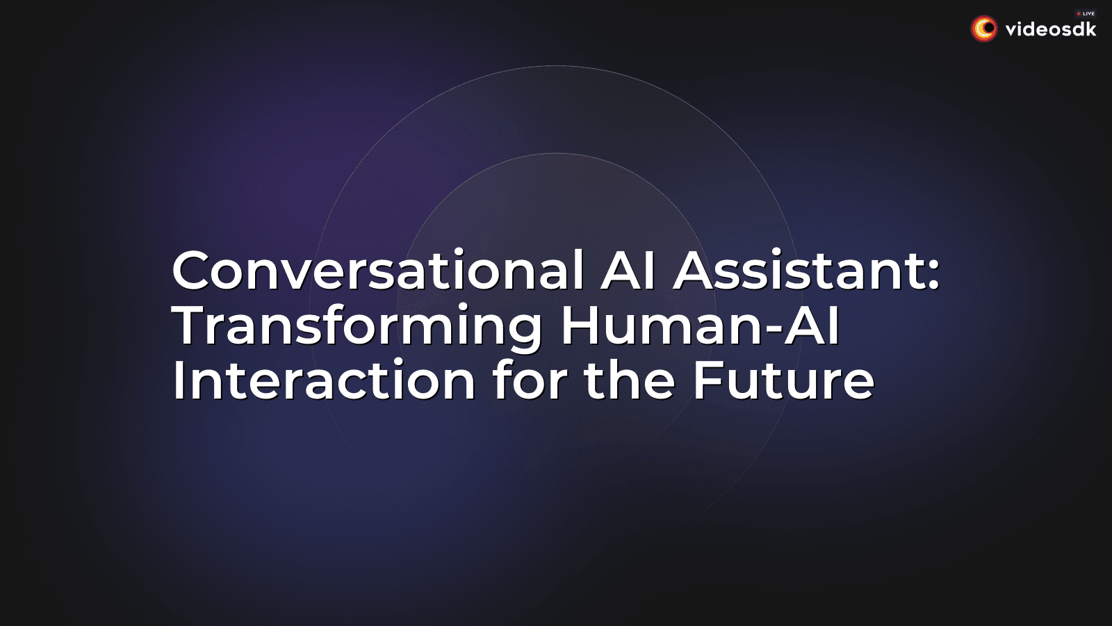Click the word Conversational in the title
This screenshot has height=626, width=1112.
pos(377,271)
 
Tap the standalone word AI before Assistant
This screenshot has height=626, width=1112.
pos(628,271)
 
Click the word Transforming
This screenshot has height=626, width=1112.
pos(357,326)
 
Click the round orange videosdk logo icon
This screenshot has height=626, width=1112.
pos(983,29)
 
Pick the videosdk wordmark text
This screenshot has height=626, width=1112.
pos(1050,29)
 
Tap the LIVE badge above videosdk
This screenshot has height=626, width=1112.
pos(1086,13)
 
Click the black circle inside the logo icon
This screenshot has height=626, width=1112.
pos(986,29)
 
